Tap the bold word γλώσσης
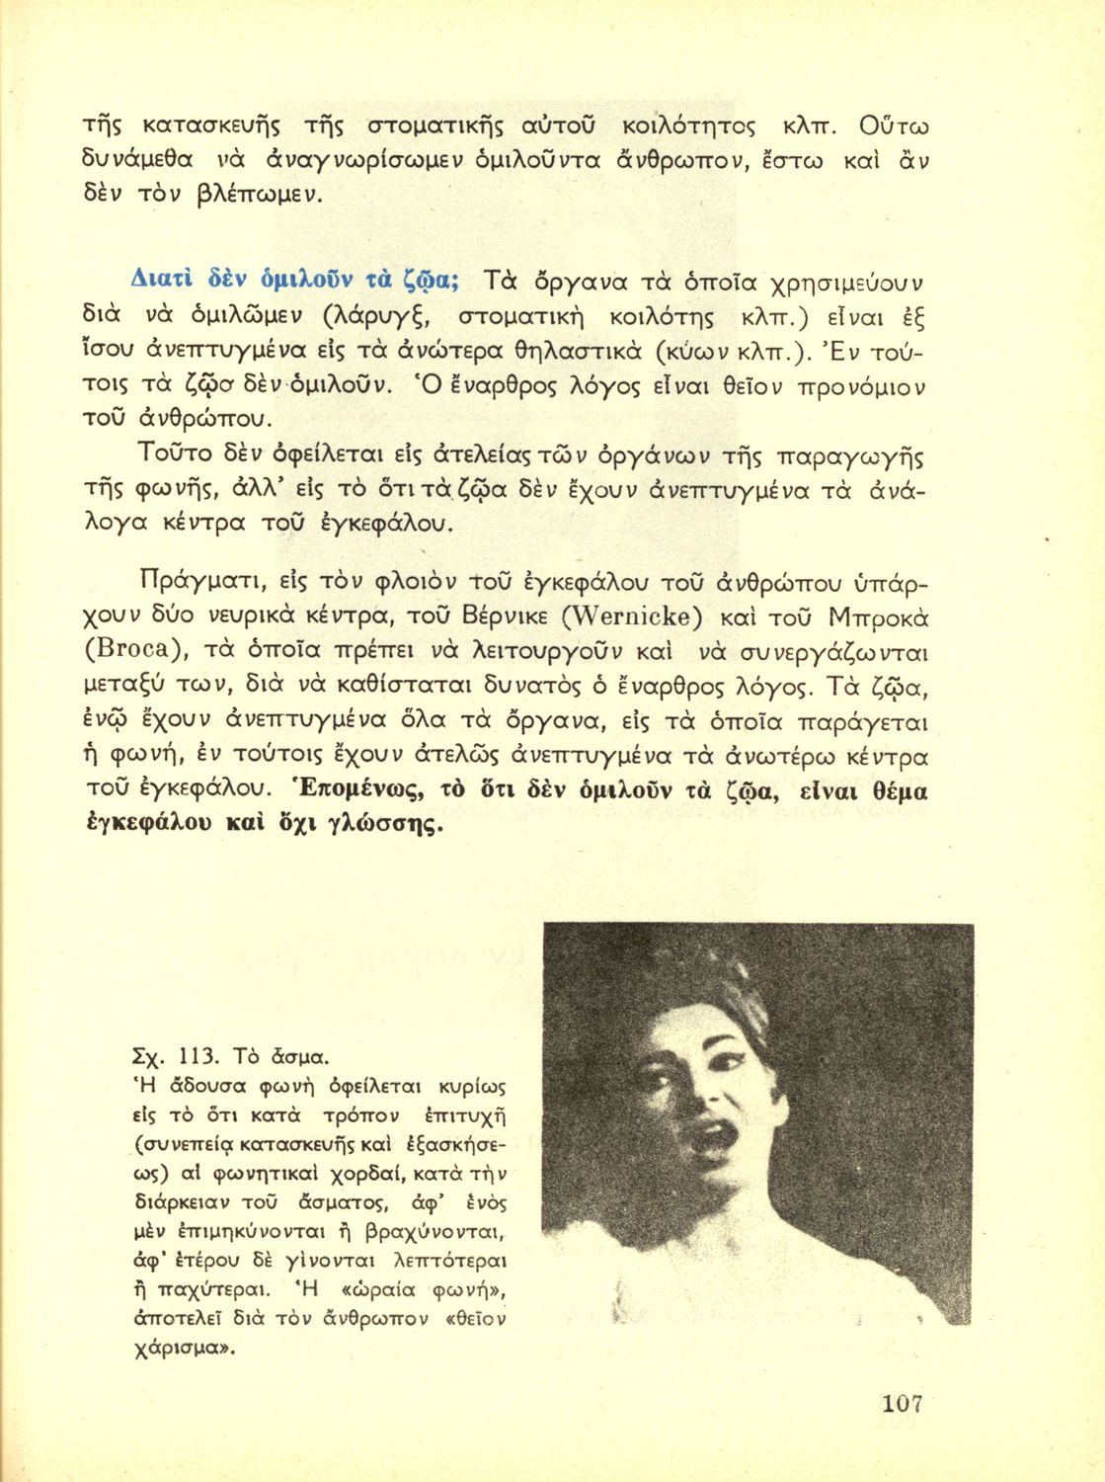point(378,823)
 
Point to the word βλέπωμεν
point(262,194)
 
